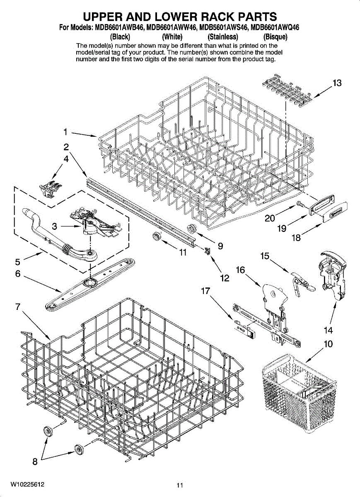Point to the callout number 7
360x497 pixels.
[x=18, y=307]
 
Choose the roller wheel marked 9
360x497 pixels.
[x=192, y=227]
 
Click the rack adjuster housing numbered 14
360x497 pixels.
[x=331, y=275]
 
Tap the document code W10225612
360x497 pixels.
[x=28, y=484]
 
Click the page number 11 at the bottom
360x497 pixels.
[x=179, y=485]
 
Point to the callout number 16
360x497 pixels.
[x=240, y=270]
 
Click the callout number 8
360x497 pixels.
[x=35, y=461]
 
